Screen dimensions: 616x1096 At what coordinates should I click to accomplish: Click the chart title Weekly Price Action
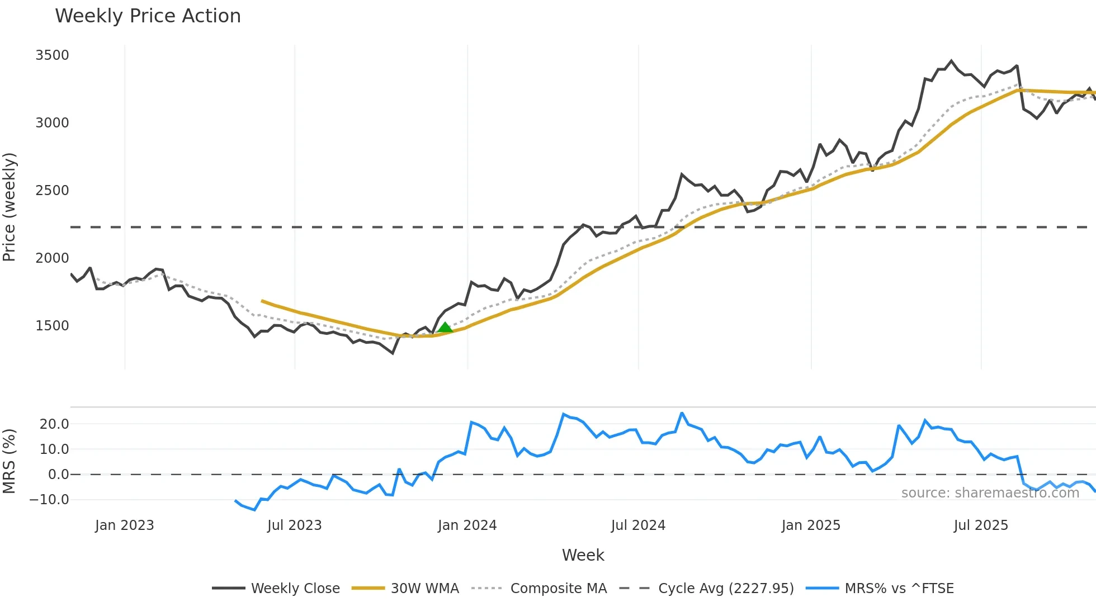click(148, 16)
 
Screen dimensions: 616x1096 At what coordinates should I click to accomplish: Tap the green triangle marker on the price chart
click(445, 327)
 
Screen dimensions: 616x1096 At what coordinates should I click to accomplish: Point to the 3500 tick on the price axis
click(52, 55)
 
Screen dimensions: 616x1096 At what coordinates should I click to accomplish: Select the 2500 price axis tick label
click(52, 191)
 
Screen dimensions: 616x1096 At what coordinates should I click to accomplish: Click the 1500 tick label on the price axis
click(52, 326)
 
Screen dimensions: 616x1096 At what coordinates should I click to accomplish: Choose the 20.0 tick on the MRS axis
click(54, 424)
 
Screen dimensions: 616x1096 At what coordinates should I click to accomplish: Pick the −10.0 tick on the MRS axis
click(49, 500)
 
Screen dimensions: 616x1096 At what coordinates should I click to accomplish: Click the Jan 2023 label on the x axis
click(124, 525)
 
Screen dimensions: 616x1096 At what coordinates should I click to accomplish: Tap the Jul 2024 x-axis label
click(638, 525)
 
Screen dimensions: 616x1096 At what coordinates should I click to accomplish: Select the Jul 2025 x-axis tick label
click(981, 525)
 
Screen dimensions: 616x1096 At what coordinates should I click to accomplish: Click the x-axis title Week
click(583, 555)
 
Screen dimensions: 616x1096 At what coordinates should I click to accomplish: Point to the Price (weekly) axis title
click(10, 207)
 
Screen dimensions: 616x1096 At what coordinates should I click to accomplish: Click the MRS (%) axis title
click(10, 461)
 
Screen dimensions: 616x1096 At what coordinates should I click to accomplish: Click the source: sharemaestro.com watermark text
click(990, 493)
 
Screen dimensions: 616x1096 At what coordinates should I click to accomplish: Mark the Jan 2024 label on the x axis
click(467, 525)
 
